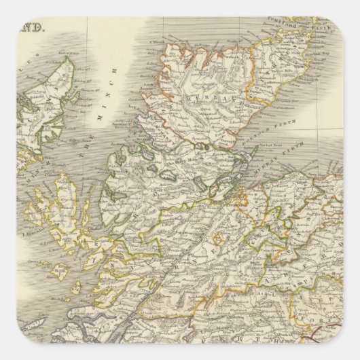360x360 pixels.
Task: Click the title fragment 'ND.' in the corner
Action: pos(33,28)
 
